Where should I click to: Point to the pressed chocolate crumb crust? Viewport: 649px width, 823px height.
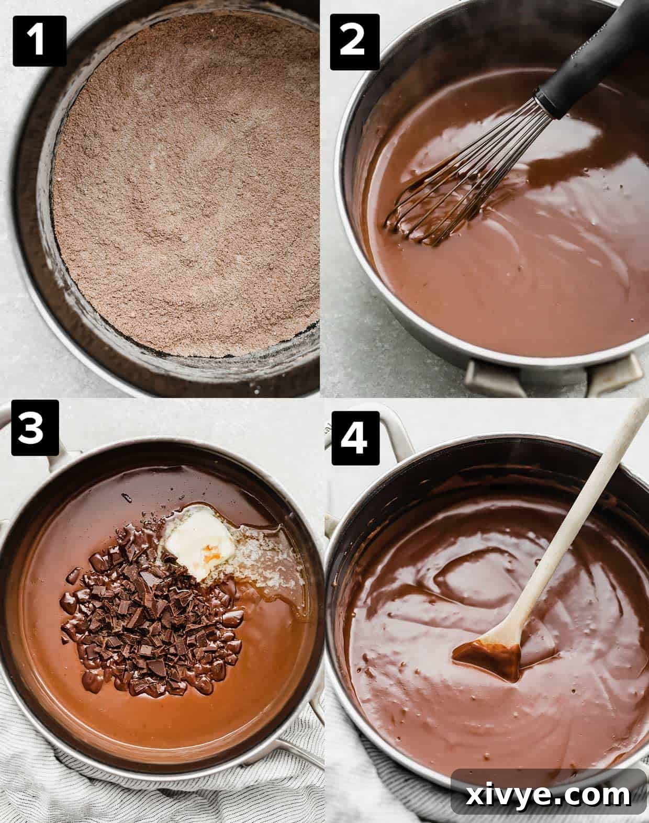(183, 183)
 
